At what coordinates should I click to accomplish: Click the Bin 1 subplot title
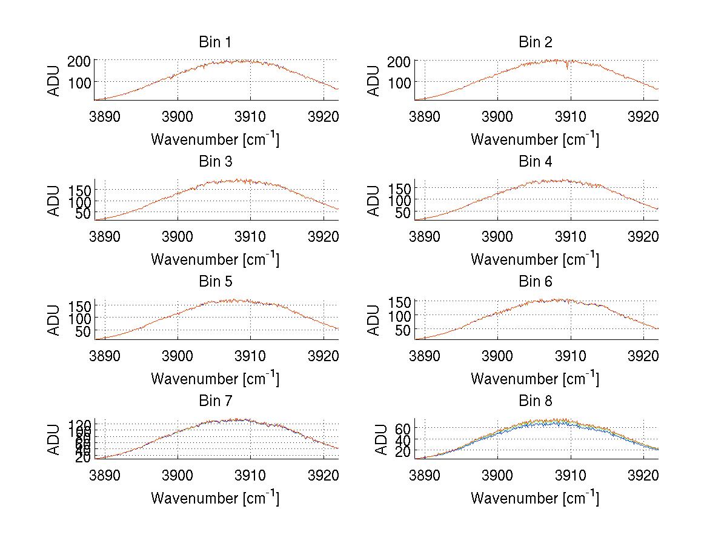pos(215,42)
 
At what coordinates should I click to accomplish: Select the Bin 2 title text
pos(536,42)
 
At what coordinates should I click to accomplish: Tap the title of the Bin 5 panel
pos(215,282)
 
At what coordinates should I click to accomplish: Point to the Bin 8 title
pos(536,401)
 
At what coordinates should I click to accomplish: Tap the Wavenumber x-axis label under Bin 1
pos(215,139)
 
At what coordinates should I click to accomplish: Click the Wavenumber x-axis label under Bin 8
pos(536,498)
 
